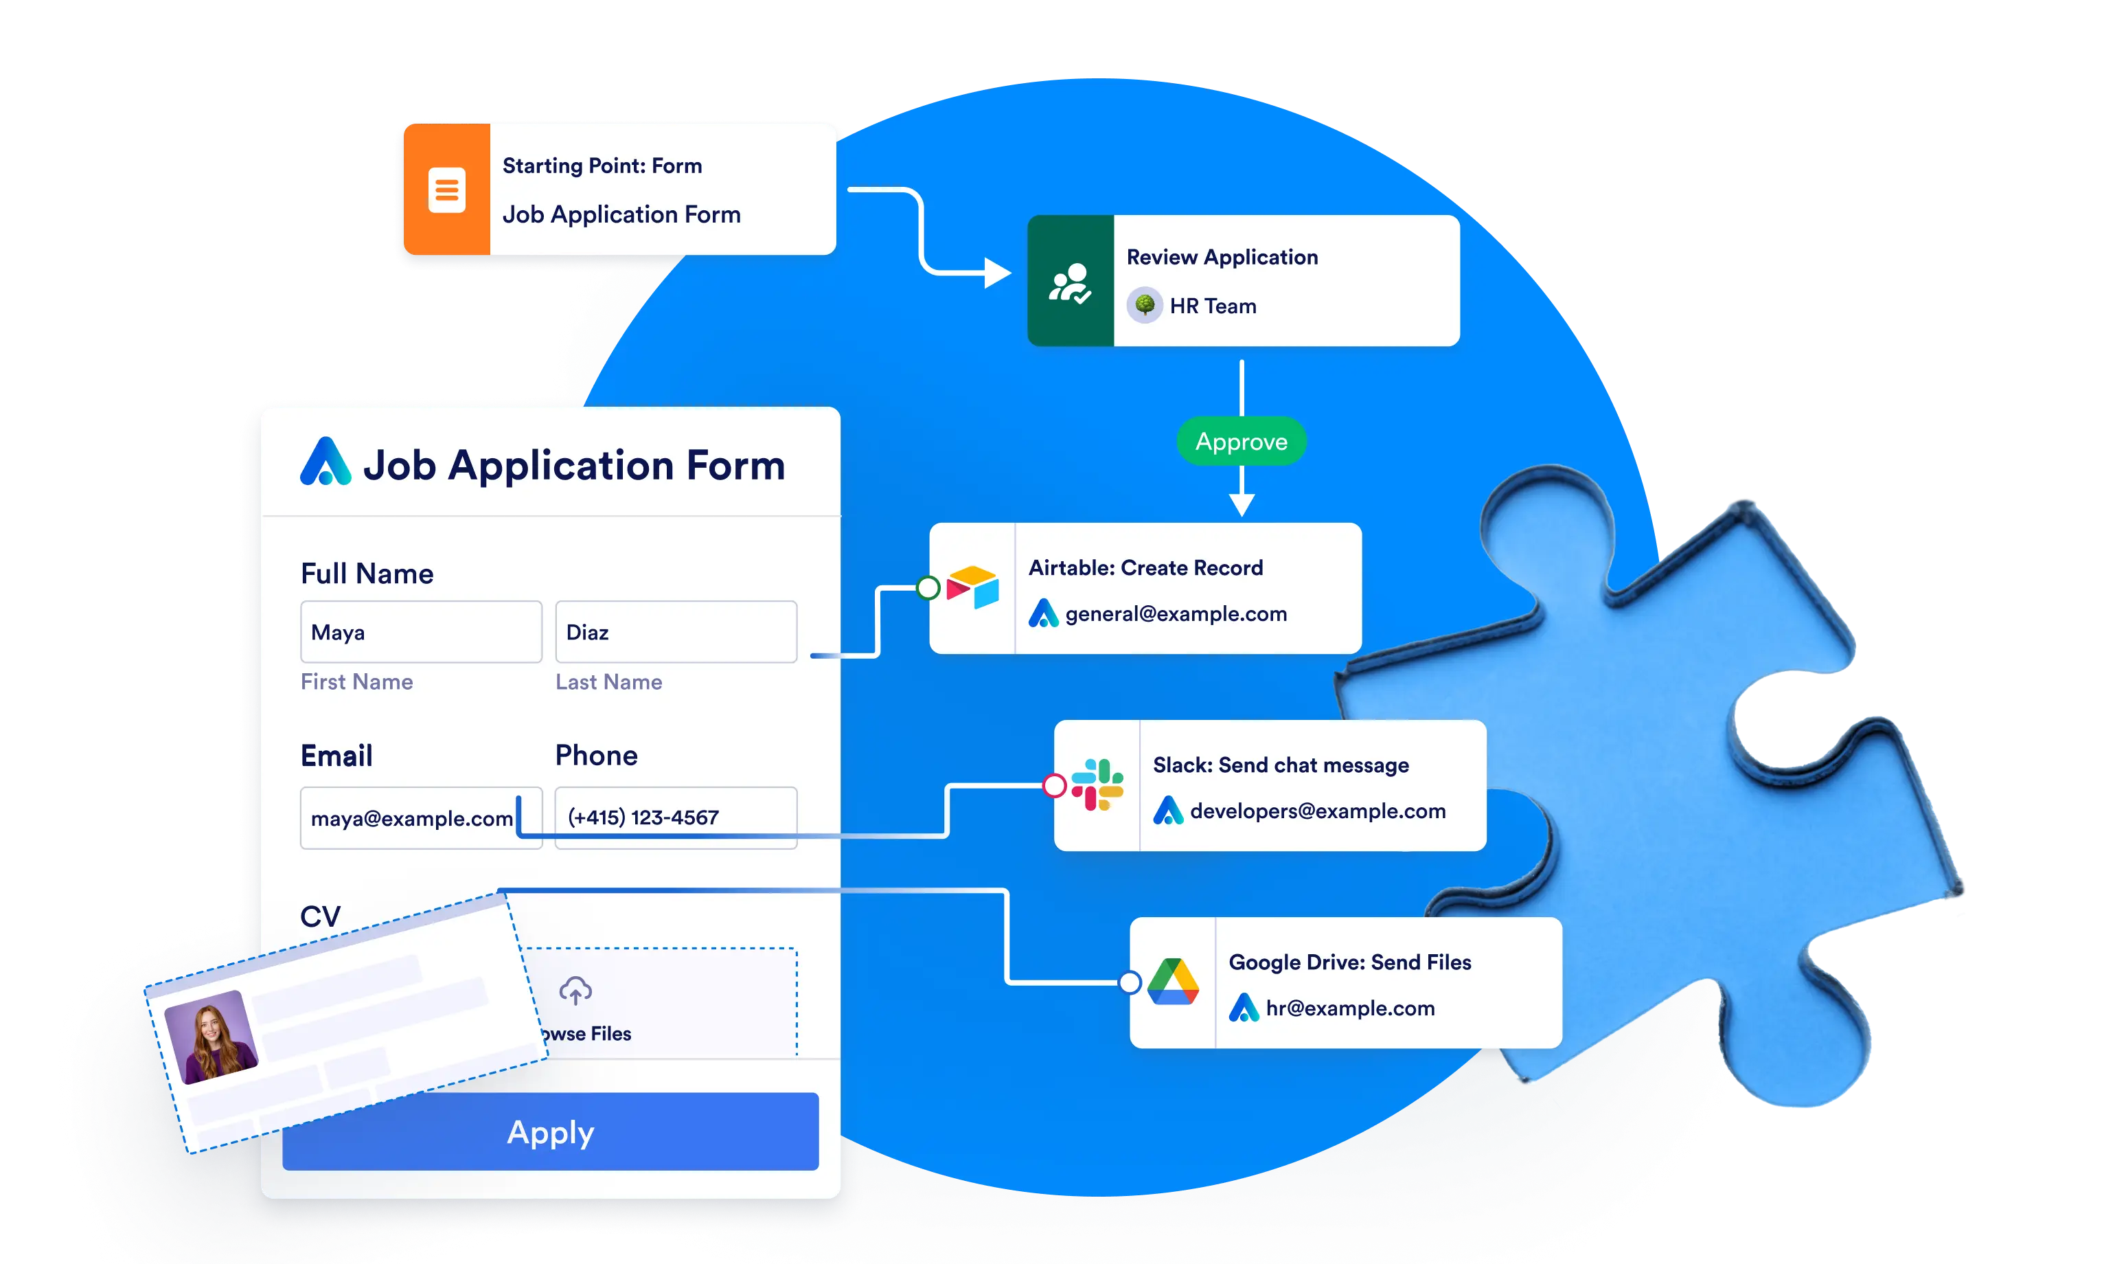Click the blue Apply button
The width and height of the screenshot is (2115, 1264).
(x=550, y=1132)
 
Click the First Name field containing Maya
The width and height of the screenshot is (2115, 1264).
(x=421, y=632)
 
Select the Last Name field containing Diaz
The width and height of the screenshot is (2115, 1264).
(x=675, y=632)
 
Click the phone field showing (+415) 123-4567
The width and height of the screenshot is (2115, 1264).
(x=675, y=817)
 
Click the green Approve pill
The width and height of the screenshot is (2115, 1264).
(x=1241, y=441)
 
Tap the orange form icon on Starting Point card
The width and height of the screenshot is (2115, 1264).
(x=447, y=189)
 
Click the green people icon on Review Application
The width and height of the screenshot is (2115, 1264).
(x=1069, y=282)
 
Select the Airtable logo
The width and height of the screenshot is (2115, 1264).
(x=973, y=588)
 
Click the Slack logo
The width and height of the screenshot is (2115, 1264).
(x=1097, y=785)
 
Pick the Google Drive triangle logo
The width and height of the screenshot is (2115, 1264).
(x=1172, y=982)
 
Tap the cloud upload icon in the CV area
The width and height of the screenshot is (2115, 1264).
(x=575, y=991)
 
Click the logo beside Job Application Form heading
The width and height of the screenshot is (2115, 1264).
(x=325, y=462)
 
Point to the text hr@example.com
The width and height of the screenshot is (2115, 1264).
(x=1349, y=1008)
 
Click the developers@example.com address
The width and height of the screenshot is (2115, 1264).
(x=1317, y=811)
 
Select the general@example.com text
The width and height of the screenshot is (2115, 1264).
(x=1175, y=614)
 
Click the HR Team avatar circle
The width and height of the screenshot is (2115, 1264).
(x=1144, y=305)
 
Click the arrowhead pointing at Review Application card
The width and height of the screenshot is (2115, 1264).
(x=997, y=273)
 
